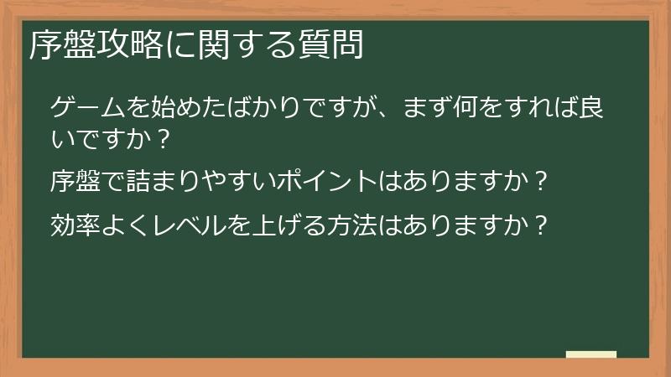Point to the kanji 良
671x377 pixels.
606,107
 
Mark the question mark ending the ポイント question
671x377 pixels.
542,179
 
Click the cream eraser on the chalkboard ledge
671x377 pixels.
591,354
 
